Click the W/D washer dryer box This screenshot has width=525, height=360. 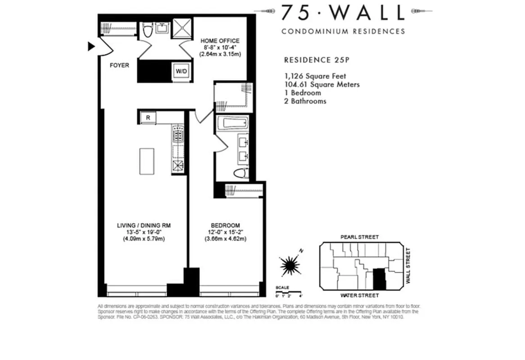tap(182, 71)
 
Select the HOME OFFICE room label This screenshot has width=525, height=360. tap(220, 41)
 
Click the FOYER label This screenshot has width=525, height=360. tap(119, 66)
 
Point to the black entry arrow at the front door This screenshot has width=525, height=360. tap(91, 46)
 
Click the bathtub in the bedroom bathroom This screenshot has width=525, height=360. tap(232, 123)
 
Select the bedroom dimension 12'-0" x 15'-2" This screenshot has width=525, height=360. tap(225, 232)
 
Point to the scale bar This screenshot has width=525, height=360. tap(288, 292)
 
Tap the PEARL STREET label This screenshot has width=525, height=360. tap(359, 237)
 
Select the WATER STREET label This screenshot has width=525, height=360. tap(359, 295)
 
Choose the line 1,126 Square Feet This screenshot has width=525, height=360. tap(315, 76)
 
